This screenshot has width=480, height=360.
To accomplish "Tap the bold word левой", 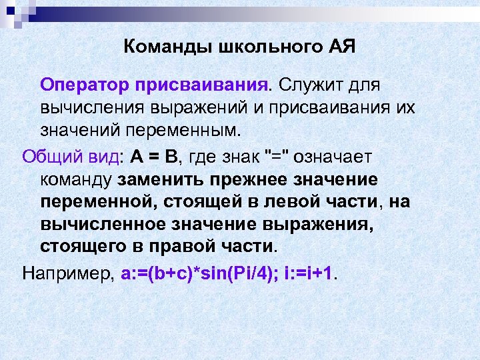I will (287, 201).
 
